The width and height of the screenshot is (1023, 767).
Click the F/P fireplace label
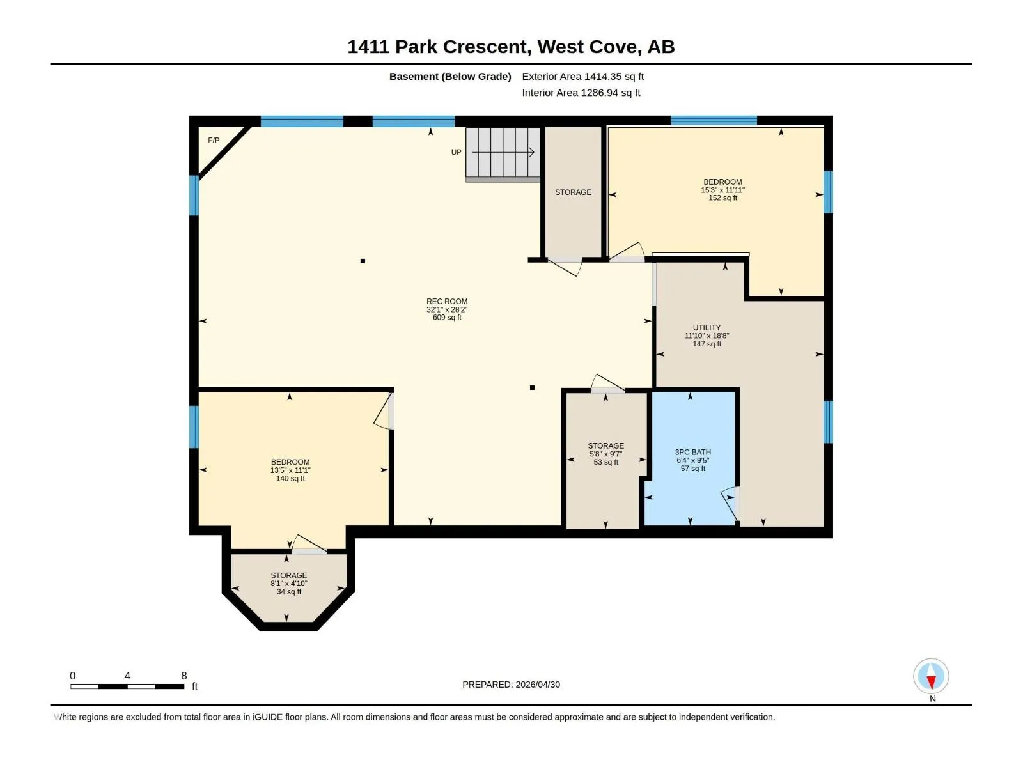coord(214,140)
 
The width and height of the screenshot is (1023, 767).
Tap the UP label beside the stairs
coord(456,152)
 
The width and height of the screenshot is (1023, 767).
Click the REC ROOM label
coord(446,301)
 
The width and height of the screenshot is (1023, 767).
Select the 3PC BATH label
coord(692,452)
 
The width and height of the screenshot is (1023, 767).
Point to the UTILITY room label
coord(707,328)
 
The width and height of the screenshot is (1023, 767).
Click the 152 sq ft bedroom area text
coord(722,198)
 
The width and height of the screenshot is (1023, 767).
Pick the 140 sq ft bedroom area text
coord(290,478)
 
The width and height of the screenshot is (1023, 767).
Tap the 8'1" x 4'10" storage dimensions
coord(288,584)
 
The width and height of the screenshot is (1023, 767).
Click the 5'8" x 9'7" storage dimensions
coord(605,454)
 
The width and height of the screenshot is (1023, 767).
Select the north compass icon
coord(931,676)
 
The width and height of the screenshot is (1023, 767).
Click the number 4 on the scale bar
coord(127,676)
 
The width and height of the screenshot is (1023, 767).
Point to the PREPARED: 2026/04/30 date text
coord(511,685)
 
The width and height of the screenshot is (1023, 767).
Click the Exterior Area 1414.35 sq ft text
coord(582,76)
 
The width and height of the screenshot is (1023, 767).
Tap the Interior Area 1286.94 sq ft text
coord(581,93)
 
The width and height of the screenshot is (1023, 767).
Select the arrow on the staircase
coord(503,152)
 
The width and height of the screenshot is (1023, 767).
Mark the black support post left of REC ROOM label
coord(363,261)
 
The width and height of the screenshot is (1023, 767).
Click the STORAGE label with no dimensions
coord(573,192)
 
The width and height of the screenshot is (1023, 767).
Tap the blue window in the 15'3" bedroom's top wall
coord(714,121)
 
